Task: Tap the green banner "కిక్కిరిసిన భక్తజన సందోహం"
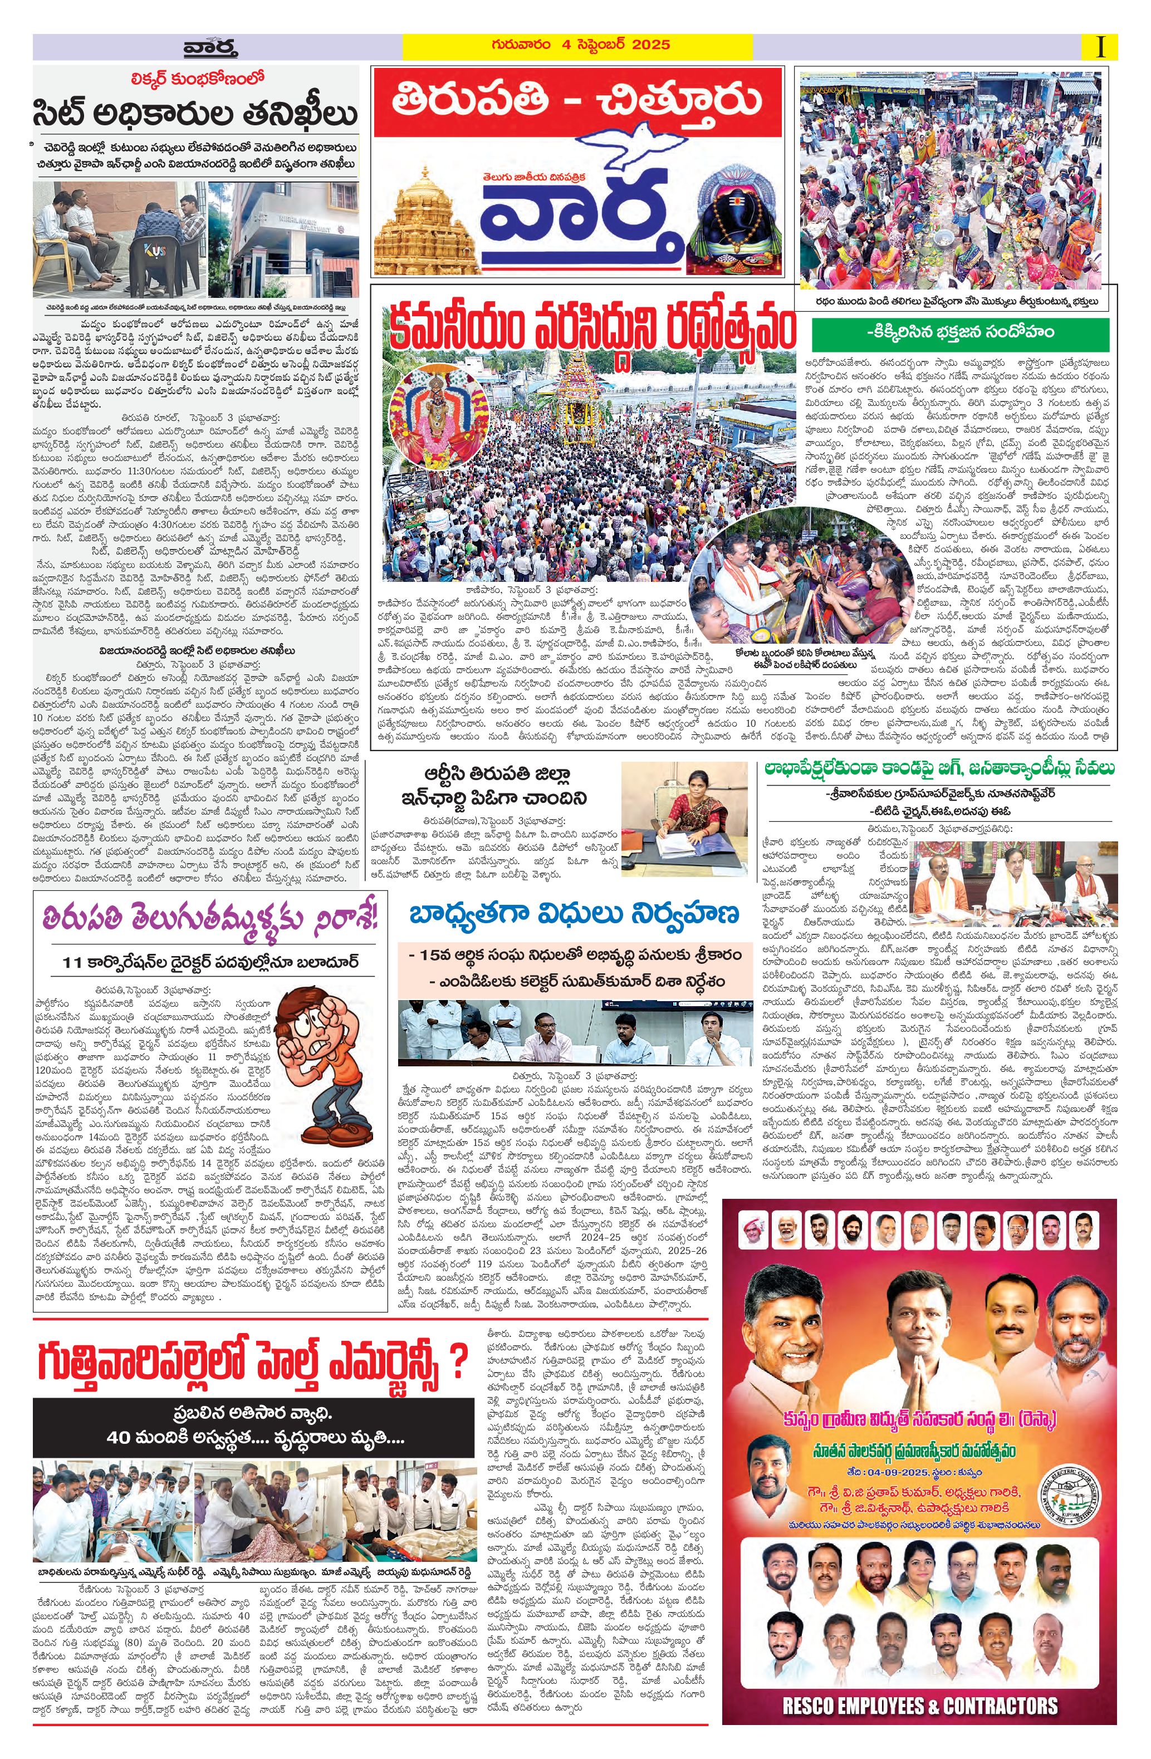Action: (x=959, y=335)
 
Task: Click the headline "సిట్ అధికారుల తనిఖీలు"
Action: (x=194, y=115)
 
